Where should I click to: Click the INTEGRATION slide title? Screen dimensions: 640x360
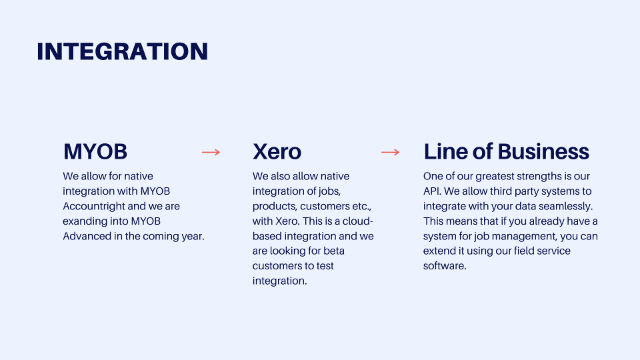tap(123, 51)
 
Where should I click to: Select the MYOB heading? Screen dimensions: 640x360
tap(95, 151)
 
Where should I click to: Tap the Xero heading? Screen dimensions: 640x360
tap(277, 151)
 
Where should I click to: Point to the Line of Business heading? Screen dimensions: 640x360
tap(506, 151)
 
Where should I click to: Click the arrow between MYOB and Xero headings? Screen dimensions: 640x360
tap(211, 152)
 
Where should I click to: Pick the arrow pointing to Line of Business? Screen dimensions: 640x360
tap(390, 152)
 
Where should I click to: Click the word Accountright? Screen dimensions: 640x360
tap(87, 206)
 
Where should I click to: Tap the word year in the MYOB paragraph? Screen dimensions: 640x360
tap(193, 237)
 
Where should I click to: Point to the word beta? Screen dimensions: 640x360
tap(334, 251)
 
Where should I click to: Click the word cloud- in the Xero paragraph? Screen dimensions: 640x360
tap(357, 221)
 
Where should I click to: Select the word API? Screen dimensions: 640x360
tap(432, 191)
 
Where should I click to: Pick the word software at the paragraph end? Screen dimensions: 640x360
tap(445, 266)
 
